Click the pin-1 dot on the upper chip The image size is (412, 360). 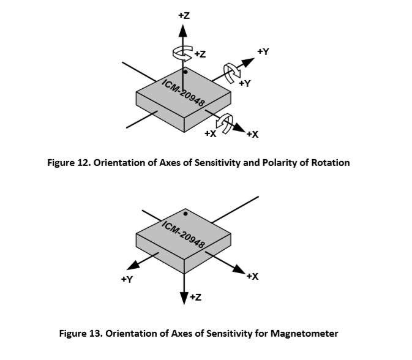pos(185,72)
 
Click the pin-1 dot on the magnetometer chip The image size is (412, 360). pos(185,214)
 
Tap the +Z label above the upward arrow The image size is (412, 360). pos(184,15)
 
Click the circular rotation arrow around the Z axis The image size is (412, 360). pos(182,53)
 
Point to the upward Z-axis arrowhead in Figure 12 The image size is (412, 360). pos(183,31)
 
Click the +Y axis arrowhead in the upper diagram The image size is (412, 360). pos(248,62)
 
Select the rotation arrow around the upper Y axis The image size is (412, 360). pos(232,72)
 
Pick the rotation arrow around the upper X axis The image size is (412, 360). pos(225,123)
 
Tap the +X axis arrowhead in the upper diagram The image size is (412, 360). pos(239,127)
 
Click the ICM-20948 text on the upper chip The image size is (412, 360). pos(184,93)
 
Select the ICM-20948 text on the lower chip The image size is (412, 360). pos(184,234)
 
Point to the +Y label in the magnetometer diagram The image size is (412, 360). pos(127,279)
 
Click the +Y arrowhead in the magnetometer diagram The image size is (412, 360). pos(133,265)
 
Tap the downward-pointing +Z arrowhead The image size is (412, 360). pos(184,298)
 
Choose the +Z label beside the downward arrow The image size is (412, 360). pos(195,297)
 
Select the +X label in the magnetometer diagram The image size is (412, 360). pos(252,276)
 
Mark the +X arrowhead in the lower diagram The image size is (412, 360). pos(239,269)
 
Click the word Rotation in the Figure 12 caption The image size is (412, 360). pos(331,163)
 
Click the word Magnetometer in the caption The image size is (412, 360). pos(304,334)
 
